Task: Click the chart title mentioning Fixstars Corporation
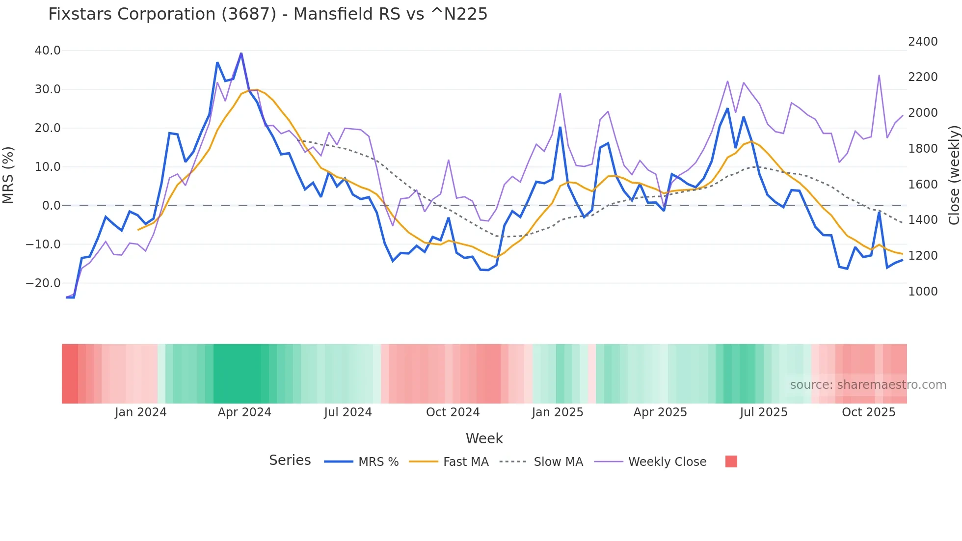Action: pyautogui.click(x=267, y=14)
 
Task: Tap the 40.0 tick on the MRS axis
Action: pyautogui.click(x=48, y=51)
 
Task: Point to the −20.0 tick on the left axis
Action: pyautogui.click(x=43, y=283)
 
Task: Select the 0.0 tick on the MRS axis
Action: pyautogui.click(x=52, y=206)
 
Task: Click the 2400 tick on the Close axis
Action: pyautogui.click(x=923, y=42)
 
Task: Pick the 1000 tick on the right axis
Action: pyautogui.click(x=923, y=292)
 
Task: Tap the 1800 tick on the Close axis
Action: pyautogui.click(x=923, y=149)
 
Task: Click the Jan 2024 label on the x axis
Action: pyautogui.click(x=141, y=412)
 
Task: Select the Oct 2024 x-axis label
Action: pyautogui.click(x=453, y=412)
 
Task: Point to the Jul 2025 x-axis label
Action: pyautogui.click(x=764, y=412)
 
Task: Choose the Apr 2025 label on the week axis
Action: pyautogui.click(x=660, y=412)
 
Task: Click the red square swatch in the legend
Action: pyautogui.click(x=731, y=461)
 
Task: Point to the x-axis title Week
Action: pyautogui.click(x=484, y=438)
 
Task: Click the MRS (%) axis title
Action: pyautogui.click(x=8, y=175)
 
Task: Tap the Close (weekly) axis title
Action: pyautogui.click(x=954, y=175)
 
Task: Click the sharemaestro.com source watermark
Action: pyautogui.click(x=868, y=385)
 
